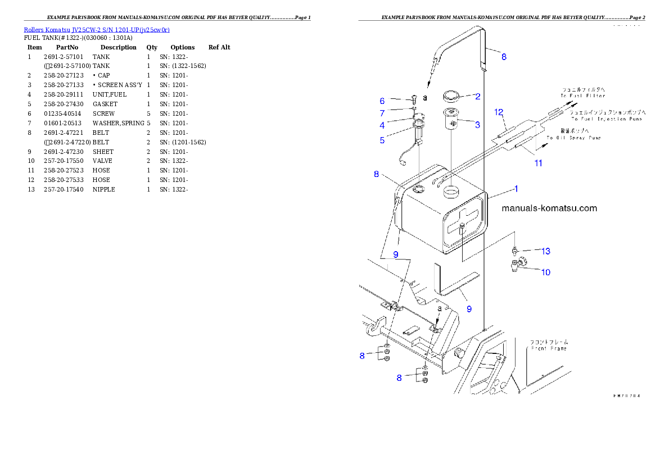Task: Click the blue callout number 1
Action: point(516,189)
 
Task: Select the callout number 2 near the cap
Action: point(477,96)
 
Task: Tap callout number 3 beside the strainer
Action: point(477,125)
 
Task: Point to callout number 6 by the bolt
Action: point(382,125)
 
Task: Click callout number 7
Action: point(382,140)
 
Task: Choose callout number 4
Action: point(382,101)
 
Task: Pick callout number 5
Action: point(382,113)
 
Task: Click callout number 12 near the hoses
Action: point(499,112)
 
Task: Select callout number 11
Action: point(538,163)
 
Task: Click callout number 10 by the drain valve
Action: point(545,272)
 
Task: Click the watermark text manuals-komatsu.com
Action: point(549,208)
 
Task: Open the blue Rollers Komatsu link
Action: point(96,29)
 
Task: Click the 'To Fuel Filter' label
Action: point(582,96)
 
